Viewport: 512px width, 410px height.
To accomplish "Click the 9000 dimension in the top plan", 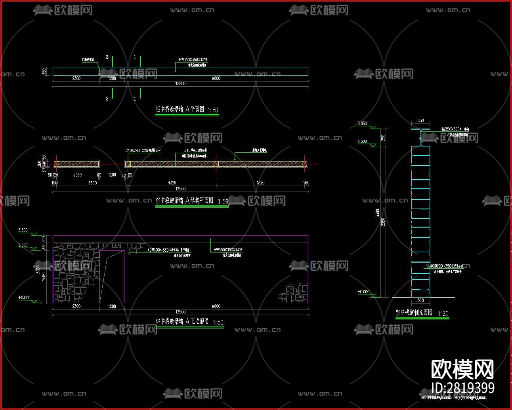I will click(216, 78).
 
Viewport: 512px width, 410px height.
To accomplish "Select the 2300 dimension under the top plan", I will click(76, 78).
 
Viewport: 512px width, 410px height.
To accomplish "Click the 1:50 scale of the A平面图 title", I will click(213, 110).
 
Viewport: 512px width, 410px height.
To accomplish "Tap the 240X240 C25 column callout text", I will click(143, 151).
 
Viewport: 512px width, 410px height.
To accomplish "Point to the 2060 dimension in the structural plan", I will click(77, 175).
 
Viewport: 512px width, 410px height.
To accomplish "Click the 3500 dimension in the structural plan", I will click(92, 182).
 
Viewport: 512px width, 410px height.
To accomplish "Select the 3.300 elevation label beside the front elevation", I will click(23, 230).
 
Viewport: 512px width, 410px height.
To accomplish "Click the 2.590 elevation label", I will click(23, 245).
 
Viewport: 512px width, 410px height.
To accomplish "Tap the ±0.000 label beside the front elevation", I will click(24, 298).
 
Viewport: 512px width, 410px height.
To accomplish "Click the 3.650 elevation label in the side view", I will click(362, 123).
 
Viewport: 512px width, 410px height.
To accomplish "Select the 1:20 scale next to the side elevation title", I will click(443, 313).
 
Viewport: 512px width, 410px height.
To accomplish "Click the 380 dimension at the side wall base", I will click(420, 300).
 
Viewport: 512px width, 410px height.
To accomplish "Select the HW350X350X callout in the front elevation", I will click(228, 250).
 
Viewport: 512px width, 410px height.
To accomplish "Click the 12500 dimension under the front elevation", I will click(180, 312).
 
